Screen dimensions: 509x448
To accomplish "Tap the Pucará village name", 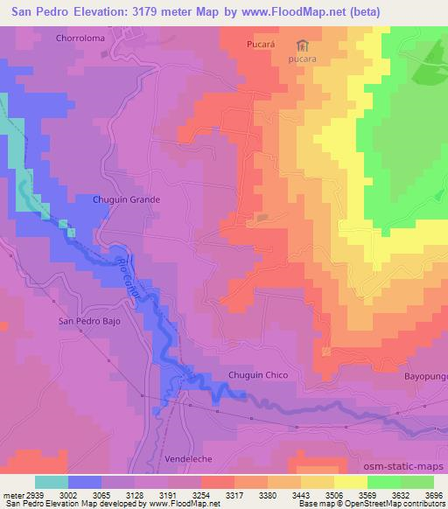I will tap(262, 42).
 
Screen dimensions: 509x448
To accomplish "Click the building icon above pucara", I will tap(303, 45).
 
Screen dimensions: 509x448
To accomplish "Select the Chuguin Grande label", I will tap(127, 199).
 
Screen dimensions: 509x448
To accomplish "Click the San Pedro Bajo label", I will tap(88, 320).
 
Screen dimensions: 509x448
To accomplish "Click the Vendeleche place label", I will tap(189, 458).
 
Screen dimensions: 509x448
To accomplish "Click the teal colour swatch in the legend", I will tap(52, 482).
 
